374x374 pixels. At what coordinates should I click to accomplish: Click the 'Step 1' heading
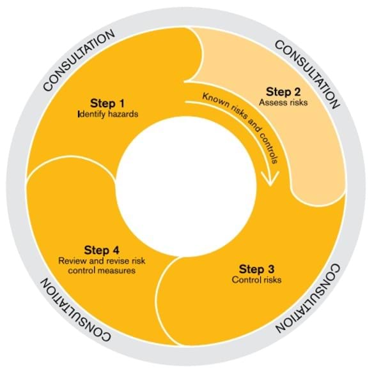coord(107,104)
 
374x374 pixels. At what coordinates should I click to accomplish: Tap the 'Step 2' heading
coord(283,92)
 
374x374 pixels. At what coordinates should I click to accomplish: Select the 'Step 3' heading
coord(256,269)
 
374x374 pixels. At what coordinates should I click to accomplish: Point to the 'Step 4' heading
coord(102,250)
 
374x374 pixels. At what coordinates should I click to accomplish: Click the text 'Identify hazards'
coord(108,114)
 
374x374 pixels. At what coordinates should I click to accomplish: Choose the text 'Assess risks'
coord(283,102)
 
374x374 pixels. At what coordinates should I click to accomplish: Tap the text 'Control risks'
coord(256,280)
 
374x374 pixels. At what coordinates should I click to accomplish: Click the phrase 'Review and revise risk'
coord(102,260)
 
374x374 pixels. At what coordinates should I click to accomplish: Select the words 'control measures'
coord(102,271)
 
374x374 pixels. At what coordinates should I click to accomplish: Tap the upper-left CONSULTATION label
coord(79,60)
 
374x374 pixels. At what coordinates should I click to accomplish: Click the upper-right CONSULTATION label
coord(308,75)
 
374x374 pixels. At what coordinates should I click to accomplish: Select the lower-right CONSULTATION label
coord(308,298)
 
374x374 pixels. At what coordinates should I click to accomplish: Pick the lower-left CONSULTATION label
coord(76,310)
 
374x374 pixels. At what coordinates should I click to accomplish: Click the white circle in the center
coord(187,187)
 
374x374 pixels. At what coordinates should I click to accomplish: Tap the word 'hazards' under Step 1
coord(123,114)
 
